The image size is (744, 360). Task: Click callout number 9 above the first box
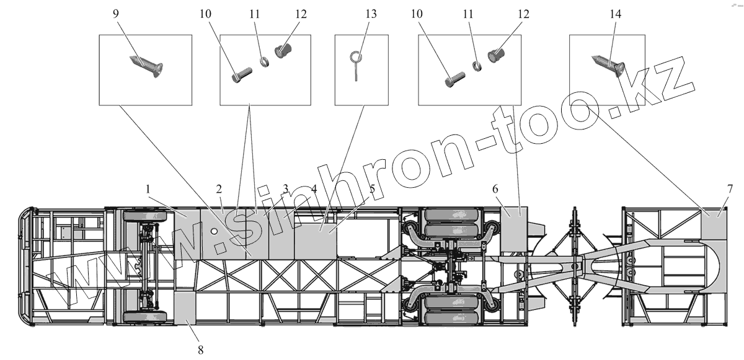(x=116, y=13)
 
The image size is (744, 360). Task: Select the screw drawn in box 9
(x=146, y=64)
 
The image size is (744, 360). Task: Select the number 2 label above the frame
(x=219, y=187)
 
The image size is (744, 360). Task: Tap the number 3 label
(x=285, y=187)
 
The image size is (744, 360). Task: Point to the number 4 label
(x=314, y=187)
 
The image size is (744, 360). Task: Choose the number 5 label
(x=371, y=187)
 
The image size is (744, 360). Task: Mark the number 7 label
(x=730, y=187)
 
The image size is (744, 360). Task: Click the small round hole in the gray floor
(x=214, y=231)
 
